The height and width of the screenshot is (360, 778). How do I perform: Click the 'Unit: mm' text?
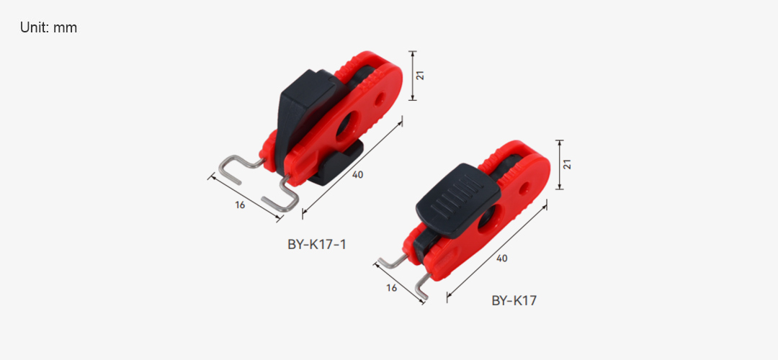click(x=49, y=28)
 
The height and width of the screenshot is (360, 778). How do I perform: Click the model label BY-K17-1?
click(x=316, y=245)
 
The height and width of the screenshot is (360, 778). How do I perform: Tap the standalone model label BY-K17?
click(x=514, y=300)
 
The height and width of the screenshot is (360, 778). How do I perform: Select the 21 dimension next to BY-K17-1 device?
click(x=420, y=76)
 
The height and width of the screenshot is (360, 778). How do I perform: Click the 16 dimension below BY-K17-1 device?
click(x=240, y=204)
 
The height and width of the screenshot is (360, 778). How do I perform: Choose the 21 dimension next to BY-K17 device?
click(x=568, y=165)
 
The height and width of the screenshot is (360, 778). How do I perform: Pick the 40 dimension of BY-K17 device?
click(x=501, y=258)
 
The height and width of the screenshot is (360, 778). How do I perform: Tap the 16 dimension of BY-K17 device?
click(x=391, y=287)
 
